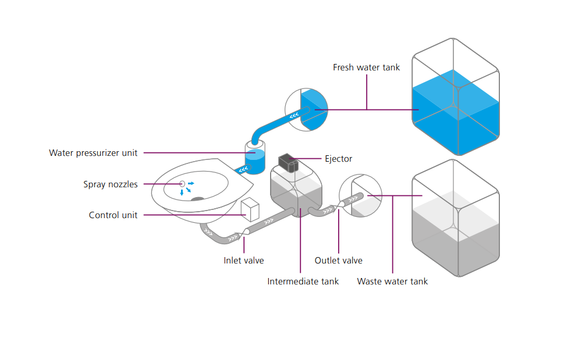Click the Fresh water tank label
click(x=366, y=67)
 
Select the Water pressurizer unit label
click(x=93, y=153)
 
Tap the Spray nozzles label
click(x=111, y=184)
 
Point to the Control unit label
click(x=113, y=215)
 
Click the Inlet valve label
click(x=243, y=261)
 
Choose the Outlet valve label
click(x=338, y=261)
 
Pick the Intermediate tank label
click(x=303, y=281)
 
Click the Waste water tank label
click(x=392, y=281)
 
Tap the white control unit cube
click(x=250, y=209)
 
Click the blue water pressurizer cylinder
click(x=254, y=160)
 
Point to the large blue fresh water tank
click(x=456, y=116)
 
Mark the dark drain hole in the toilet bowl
click(x=198, y=199)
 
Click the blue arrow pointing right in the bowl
click(x=190, y=183)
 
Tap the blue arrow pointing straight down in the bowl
click(x=182, y=192)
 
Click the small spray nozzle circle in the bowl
click(x=182, y=183)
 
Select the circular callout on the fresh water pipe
click(x=306, y=109)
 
